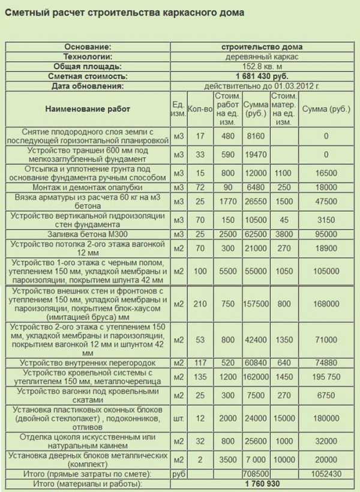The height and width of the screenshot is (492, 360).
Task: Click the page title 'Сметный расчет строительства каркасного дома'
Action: [124, 13]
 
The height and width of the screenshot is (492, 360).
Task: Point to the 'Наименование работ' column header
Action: [88, 109]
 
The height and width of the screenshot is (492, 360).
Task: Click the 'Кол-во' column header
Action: [200, 109]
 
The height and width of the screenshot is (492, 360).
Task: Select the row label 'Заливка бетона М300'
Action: [88, 233]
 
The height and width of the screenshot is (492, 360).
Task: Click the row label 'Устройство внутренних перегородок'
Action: [88, 363]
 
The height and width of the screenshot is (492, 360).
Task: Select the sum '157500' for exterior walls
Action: [256, 304]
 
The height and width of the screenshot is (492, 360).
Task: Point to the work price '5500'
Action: [227, 272]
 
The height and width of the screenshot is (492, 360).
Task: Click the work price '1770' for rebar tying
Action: [227, 202]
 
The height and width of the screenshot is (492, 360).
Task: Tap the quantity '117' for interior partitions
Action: [200, 363]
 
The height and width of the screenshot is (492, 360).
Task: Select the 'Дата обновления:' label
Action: [88, 86]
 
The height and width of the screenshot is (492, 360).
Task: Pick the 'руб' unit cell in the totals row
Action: [178, 473]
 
